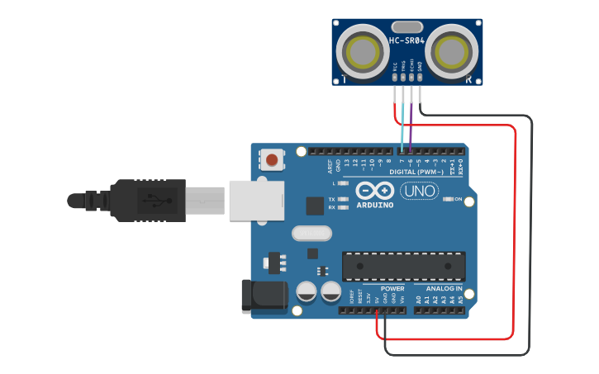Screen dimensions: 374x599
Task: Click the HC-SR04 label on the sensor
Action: tap(406, 40)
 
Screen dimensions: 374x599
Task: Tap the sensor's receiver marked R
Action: tap(451, 53)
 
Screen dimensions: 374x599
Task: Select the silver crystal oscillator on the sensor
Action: tap(406, 27)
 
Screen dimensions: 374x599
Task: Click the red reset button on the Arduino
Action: tap(272, 158)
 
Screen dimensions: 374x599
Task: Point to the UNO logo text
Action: tap(420, 191)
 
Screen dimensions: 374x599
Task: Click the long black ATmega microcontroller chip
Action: tap(403, 266)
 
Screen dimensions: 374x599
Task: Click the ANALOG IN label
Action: tap(444, 289)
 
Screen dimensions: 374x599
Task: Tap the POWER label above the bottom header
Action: tap(392, 289)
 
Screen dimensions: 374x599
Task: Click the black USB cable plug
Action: tap(149, 200)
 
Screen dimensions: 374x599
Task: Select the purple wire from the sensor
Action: tap(411, 124)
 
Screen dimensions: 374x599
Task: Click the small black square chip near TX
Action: tap(315, 206)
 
